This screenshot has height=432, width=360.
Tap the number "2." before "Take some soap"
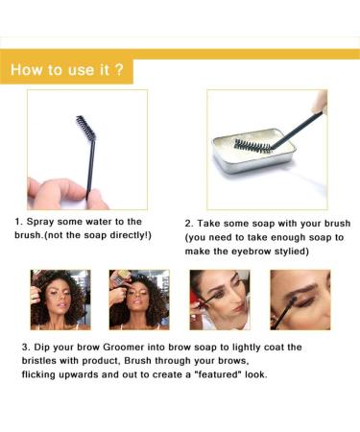coord(187,224)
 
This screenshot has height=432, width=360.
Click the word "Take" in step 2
coord(209,224)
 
